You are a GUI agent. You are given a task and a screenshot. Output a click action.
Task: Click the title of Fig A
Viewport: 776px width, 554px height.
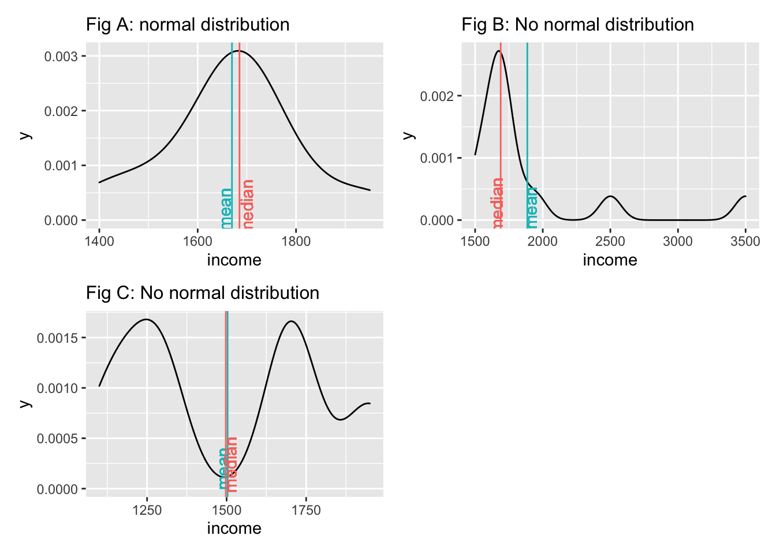188,25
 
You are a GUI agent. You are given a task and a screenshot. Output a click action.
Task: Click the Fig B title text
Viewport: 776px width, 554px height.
577,25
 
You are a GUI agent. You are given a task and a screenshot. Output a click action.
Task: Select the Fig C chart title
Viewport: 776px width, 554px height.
203,293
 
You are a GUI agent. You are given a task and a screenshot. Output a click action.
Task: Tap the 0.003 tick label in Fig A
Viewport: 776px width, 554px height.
61,57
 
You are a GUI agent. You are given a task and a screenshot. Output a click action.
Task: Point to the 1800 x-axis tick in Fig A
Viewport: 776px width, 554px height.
296,241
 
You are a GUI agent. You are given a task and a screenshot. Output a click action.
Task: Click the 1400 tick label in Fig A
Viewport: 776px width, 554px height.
99,241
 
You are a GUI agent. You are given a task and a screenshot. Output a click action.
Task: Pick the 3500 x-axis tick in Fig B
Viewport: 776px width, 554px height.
745,241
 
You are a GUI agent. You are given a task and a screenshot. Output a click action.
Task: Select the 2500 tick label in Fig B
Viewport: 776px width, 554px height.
610,241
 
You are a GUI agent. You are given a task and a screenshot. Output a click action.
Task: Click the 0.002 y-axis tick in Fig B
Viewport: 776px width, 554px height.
437,96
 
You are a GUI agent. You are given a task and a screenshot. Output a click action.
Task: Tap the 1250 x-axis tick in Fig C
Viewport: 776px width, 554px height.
147,510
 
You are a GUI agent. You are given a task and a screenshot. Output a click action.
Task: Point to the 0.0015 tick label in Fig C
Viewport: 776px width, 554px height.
57,338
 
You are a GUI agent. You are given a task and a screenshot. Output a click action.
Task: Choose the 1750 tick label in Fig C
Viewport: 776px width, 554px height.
306,510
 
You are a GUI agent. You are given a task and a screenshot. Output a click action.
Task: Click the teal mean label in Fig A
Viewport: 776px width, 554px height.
226,208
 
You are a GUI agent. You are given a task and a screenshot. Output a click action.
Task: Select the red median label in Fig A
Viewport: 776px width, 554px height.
248,203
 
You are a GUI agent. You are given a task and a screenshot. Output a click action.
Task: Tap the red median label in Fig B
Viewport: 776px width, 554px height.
497,203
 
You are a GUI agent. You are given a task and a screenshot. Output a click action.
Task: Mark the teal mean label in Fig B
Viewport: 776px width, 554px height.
532,208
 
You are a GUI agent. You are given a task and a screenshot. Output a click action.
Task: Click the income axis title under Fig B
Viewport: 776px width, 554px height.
610,260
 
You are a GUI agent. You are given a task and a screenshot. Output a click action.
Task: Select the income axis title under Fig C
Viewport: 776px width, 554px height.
234,529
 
